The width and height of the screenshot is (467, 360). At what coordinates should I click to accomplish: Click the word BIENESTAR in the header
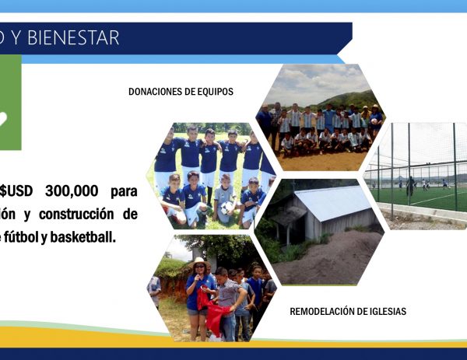pos(73,37)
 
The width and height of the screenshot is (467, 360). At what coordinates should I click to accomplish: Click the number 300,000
pos(72,190)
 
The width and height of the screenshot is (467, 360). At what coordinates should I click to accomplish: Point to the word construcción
pos(76,215)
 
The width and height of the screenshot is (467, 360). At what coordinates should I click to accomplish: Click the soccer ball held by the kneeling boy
pos(227,208)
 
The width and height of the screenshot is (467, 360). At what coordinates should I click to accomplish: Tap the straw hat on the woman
pos(198,263)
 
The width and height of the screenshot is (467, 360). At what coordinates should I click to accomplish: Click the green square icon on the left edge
pos(10,102)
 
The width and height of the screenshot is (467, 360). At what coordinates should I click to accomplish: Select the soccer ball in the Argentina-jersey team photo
pos(374,121)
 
